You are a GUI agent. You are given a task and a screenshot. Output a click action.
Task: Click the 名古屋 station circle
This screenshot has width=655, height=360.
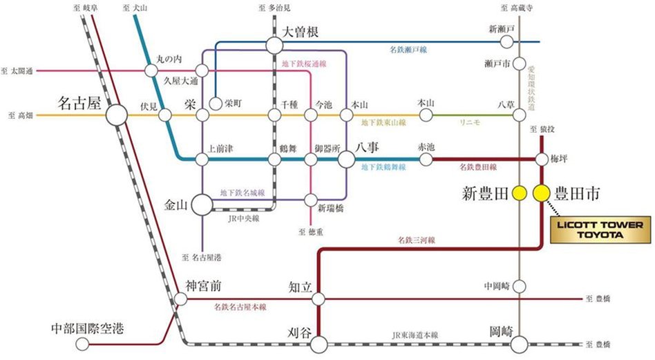tap(116, 115)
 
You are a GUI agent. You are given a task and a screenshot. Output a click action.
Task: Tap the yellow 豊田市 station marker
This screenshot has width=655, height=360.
tap(540, 193)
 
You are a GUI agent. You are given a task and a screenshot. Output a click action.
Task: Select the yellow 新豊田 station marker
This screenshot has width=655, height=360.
tap(519, 193)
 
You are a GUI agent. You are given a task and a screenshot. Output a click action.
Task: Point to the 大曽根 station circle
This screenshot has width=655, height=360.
tap(274, 46)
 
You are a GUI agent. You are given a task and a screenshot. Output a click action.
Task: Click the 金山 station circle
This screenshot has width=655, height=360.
tap(202, 204)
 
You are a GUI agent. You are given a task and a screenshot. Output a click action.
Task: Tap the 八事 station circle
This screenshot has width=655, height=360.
tap(347, 159)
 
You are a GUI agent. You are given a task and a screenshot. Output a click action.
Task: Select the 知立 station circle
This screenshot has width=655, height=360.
tap(319, 299)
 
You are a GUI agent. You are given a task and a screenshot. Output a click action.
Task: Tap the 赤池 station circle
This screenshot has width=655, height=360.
tap(424, 159)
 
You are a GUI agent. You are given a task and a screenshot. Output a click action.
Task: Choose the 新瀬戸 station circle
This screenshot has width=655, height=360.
tap(506, 42)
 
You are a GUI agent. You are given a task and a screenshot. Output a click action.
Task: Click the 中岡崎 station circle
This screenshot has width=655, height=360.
tap(520, 285)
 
